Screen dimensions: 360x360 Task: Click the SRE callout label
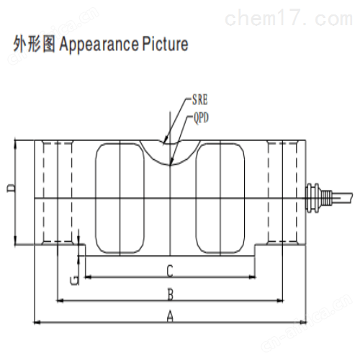[x=199, y=99]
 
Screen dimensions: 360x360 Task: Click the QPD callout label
[x=201, y=118]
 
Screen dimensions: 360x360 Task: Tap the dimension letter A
[x=170, y=316]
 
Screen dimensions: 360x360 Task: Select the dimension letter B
[x=170, y=294]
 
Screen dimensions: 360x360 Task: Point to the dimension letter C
[x=170, y=271]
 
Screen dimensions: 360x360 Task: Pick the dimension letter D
[x=11, y=189]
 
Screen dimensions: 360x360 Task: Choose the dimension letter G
[x=74, y=281]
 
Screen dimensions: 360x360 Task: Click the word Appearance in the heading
[x=99, y=45]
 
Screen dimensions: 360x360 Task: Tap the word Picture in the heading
[x=166, y=44]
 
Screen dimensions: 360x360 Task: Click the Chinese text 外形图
[x=34, y=44]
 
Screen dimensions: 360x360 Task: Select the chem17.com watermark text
[x=289, y=18]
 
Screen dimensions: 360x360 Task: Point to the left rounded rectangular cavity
[x=120, y=198]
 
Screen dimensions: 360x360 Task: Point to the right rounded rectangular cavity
[x=220, y=198]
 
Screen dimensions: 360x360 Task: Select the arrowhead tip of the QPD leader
[x=170, y=165]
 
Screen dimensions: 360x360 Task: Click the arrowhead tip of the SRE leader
[x=163, y=143]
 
